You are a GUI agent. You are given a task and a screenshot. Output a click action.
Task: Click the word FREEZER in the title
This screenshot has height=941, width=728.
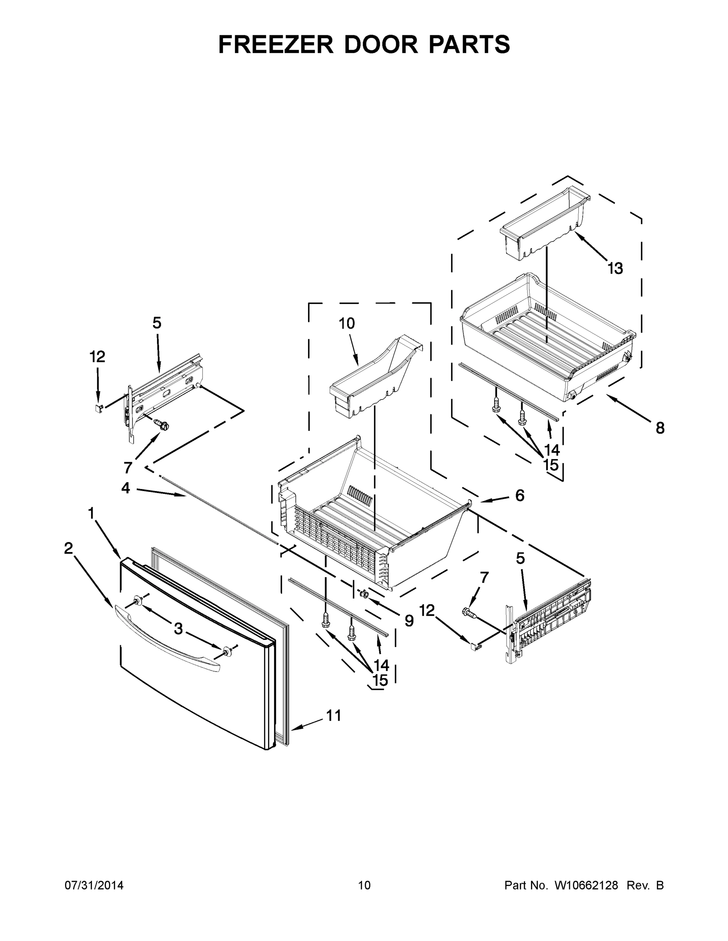pyautogui.click(x=276, y=44)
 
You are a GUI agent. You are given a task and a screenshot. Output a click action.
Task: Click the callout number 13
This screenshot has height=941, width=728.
pyautogui.click(x=615, y=269)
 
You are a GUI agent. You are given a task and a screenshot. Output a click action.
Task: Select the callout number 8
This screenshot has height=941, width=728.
pyautogui.click(x=660, y=428)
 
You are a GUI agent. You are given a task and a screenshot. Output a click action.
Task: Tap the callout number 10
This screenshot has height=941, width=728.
pyautogui.click(x=347, y=323)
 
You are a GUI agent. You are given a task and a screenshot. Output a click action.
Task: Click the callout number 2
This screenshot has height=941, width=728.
pyautogui.click(x=68, y=548)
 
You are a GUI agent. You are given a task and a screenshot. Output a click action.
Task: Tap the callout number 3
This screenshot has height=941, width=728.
pyautogui.click(x=178, y=629)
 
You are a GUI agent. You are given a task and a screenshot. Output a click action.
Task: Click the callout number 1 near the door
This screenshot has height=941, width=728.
pyautogui.click(x=91, y=513)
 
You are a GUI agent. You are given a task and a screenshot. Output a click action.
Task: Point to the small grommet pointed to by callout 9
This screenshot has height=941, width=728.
pyautogui.click(x=363, y=594)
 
